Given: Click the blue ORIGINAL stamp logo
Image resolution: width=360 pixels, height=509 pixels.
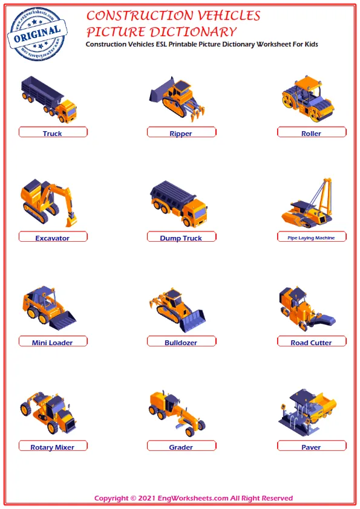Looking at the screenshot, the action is point(37,34).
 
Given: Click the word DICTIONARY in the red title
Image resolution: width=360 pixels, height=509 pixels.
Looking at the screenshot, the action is point(194,32).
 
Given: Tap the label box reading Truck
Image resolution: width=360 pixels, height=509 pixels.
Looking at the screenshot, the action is point(53,132).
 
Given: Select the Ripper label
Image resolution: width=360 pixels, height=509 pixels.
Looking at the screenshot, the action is point(182,132).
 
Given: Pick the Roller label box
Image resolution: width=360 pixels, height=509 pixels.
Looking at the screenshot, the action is point(312,132).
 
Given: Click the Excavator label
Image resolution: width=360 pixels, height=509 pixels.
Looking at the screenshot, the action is point(53,236).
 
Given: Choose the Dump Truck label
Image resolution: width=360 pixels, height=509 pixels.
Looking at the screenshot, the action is point(182,236).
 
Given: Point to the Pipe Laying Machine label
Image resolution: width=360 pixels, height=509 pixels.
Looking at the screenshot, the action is point(312,236).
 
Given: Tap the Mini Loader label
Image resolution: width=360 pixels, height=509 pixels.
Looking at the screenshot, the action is point(53,341).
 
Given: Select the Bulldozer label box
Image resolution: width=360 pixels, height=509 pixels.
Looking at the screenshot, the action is point(182,341).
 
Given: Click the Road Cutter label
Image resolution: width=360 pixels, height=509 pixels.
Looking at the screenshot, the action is point(312,341).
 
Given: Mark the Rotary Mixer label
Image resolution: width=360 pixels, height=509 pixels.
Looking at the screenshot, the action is point(53,446).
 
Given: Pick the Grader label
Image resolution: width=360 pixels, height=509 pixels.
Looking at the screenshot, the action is point(182,446).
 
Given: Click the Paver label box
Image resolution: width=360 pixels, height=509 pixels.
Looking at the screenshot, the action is point(312,446).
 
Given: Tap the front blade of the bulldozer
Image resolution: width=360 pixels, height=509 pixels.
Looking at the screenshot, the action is point(193,321).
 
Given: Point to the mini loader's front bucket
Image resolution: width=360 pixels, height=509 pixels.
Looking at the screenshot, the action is point(62,320).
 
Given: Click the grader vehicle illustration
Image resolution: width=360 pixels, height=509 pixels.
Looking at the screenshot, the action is point(177,412).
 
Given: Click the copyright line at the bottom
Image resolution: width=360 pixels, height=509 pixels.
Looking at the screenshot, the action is point(194,498).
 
